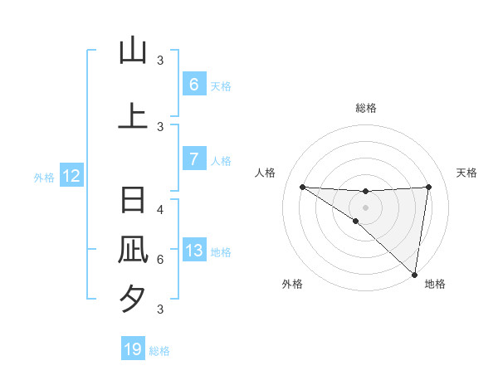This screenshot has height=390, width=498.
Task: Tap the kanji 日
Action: pyautogui.click(x=133, y=201)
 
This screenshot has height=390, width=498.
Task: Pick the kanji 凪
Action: pyautogui.click(x=133, y=250)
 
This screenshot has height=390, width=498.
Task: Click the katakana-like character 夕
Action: pyautogui.click(x=133, y=298)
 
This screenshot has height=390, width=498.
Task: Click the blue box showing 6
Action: pyautogui.click(x=193, y=84)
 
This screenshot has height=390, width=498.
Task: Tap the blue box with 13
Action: pyautogui.click(x=193, y=251)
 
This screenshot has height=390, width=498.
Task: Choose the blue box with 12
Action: pyautogui.click(x=71, y=176)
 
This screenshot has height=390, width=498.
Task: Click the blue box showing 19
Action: pyautogui.click(x=133, y=349)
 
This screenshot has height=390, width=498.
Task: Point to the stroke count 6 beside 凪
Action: pyautogui.click(x=160, y=260)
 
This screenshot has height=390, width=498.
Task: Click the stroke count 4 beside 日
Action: pyautogui.click(x=160, y=210)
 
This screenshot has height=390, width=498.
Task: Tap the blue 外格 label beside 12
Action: pyautogui.click(x=44, y=177)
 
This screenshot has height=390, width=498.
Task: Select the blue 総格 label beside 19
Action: pyautogui.click(x=159, y=350)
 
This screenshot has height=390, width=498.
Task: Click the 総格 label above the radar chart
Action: pyautogui.click(x=366, y=108)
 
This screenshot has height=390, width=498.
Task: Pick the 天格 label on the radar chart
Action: pyautogui.click(x=466, y=173)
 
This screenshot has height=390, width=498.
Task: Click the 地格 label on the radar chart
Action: pyautogui.click(x=435, y=285)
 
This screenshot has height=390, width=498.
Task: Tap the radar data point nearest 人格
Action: pyautogui.click(x=302, y=187)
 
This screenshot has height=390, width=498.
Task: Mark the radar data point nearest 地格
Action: pyautogui.click(x=414, y=274)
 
